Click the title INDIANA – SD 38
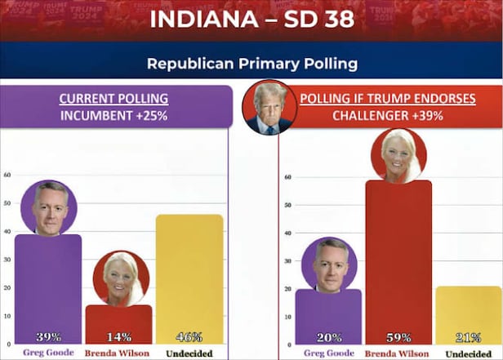pos(251,19)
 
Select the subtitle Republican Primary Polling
pos(251,63)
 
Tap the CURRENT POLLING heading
pos(114,99)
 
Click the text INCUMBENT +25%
pos(114,116)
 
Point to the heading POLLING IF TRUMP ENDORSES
pos(387,99)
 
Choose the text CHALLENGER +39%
pos(387,116)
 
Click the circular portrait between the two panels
pos(269,108)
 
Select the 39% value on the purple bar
pos(48,336)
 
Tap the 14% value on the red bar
pos(119,336)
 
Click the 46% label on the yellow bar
pos(189,336)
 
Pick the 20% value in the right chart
pos(328,336)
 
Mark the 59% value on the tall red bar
pos(398,336)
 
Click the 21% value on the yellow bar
pos(468,336)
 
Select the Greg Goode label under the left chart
pos(47,353)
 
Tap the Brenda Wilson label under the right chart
pos(398,353)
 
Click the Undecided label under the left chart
pos(189,353)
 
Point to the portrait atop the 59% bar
pos(398,155)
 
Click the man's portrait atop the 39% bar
pos(49,207)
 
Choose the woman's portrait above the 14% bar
pos(121,278)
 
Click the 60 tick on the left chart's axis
pos(7,175)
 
